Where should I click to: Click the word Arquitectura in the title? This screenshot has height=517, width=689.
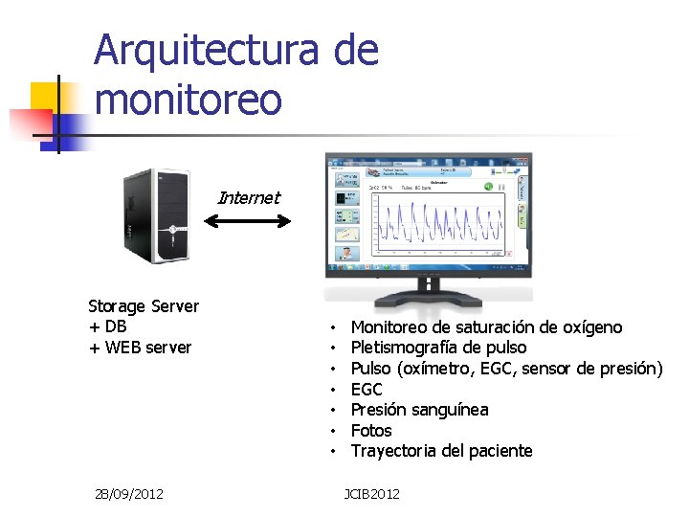206,50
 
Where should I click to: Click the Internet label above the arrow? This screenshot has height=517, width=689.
249,198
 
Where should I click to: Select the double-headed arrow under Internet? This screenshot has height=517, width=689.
249,222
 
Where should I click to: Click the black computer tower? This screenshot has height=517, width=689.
157,217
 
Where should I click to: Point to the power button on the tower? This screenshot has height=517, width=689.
172,229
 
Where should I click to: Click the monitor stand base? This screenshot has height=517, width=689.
428,292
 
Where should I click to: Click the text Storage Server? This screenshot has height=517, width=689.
144,306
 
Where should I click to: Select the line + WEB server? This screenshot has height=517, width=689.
140,348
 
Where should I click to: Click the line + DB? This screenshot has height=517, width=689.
107,326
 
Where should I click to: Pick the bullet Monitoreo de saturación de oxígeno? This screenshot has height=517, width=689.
486,327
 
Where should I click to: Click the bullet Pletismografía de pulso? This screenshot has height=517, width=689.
438,348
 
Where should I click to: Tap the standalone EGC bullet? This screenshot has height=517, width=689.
367,389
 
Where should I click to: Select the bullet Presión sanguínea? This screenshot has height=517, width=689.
419,410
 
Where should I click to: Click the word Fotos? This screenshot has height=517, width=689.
371,431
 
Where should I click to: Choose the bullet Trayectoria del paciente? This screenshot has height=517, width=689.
441,451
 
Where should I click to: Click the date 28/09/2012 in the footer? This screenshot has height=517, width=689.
129,494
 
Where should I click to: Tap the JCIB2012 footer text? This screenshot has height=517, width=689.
372,494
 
